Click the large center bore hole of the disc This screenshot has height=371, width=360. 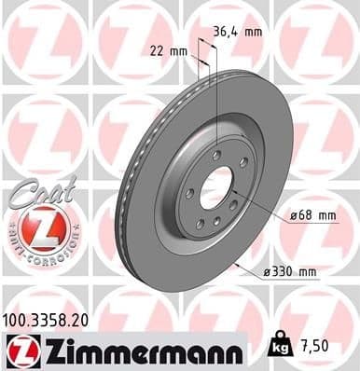[217, 187]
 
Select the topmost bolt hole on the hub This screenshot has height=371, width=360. [217, 155]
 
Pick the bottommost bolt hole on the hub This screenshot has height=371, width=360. [216, 223]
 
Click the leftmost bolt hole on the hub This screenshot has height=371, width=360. [189, 194]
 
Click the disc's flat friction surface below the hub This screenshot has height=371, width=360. [205, 266]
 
